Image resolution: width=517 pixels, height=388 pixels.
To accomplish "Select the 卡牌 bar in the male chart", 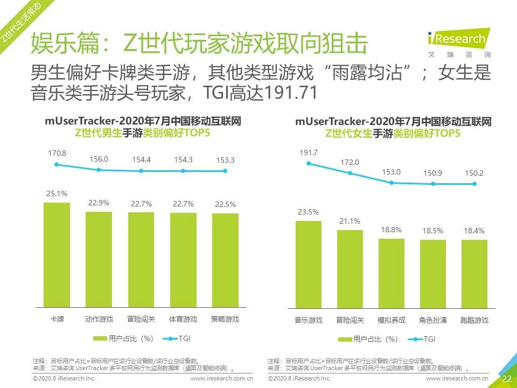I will [57, 254].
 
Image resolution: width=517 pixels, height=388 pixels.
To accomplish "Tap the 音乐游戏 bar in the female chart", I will [308, 264].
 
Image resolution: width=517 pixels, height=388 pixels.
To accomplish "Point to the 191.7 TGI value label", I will [309, 153].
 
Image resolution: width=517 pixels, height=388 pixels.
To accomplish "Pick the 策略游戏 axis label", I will [225, 319].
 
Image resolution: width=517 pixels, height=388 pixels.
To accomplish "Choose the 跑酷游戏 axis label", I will [474, 320].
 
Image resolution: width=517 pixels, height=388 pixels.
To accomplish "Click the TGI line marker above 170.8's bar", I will [57, 164].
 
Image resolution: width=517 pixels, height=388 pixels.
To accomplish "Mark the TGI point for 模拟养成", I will [392, 183].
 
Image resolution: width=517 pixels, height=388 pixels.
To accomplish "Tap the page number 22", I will [506, 379].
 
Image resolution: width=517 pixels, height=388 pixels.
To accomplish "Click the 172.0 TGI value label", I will [350, 162].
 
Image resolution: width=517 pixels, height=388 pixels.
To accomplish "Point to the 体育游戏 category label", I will [183, 319].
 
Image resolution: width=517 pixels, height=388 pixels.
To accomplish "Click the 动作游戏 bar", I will [99, 259].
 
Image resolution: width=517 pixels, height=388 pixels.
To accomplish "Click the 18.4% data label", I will [474, 231].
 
